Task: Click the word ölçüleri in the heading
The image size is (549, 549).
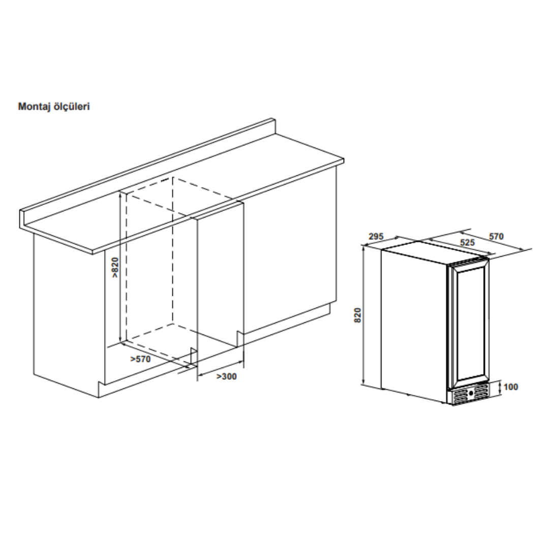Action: point(72,106)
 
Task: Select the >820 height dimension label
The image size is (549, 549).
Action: point(115,268)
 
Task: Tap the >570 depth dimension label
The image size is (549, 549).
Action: point(140,359)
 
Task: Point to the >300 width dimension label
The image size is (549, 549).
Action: point(226,376)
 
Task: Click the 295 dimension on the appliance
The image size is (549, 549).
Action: point(376,236)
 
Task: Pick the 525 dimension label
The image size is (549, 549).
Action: point(467,242)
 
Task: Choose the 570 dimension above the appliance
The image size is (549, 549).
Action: point(496,236)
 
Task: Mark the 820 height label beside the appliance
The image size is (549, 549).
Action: point(357,315)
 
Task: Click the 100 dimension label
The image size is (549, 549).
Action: point(511,387)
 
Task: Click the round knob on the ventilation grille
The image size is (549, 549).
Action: point(471,393)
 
